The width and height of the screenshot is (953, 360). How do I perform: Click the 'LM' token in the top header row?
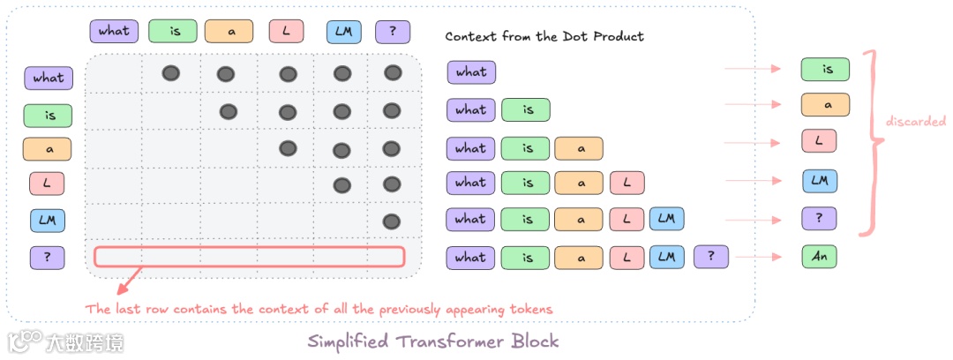[343, 32]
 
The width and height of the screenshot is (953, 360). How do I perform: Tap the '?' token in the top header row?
[393, 32]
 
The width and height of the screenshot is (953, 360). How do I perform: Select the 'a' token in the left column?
[48, 149]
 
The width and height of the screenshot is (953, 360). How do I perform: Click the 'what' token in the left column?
[48, 78]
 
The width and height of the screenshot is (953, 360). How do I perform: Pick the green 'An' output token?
[819, 257]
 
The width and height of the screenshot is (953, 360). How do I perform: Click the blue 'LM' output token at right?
[819, 182]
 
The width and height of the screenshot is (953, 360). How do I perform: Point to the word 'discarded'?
[916, 122]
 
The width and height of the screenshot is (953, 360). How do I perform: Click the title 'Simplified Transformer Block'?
[432, 341]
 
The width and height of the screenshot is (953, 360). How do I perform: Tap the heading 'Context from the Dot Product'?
[544, 36]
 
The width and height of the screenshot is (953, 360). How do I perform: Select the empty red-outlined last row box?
[250, 257]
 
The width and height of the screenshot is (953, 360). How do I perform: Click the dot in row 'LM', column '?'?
[393, 221]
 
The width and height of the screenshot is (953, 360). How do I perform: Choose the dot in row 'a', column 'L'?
[287, 148]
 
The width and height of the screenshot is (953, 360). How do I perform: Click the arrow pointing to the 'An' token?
[758, 258]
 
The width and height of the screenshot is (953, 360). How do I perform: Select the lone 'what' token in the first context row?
[471, 72]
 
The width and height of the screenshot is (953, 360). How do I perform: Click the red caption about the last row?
[318, 310]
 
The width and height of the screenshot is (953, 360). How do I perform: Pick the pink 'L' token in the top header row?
[286, 32]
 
